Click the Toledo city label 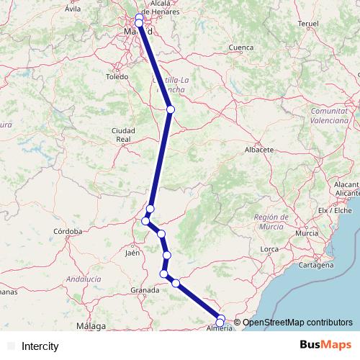coord(116,76)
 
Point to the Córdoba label coord(69,231)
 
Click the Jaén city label coord(132,253)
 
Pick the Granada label coord(145,290)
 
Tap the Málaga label coord(91,326)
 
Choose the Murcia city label coord(307,233)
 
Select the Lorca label coord(269,249)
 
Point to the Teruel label coord(307,24)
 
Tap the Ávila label coord(73,9)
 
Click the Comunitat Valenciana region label coord(333,115)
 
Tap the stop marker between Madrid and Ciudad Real coord(171,109)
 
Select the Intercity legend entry coord(40,346)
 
